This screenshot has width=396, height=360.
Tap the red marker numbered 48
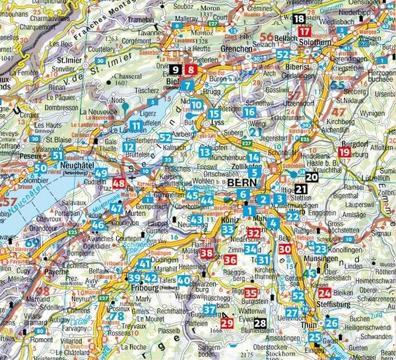[119, 184]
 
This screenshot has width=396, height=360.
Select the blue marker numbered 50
[41, 168]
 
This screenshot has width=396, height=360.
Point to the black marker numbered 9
[174, 69]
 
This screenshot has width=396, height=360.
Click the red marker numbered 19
[343, 152]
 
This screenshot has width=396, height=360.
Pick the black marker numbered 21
[301, 190]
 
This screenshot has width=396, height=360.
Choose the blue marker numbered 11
[136, 125]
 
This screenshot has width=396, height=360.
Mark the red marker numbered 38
[207, 252]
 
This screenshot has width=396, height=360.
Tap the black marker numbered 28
[261, 322]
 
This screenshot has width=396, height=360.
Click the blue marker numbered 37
[209, 309]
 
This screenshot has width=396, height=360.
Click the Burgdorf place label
[354, 141]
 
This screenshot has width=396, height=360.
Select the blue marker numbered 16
[248, 112]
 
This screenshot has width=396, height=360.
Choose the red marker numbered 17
[304, 32]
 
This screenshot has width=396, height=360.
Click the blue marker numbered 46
[98, 225]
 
